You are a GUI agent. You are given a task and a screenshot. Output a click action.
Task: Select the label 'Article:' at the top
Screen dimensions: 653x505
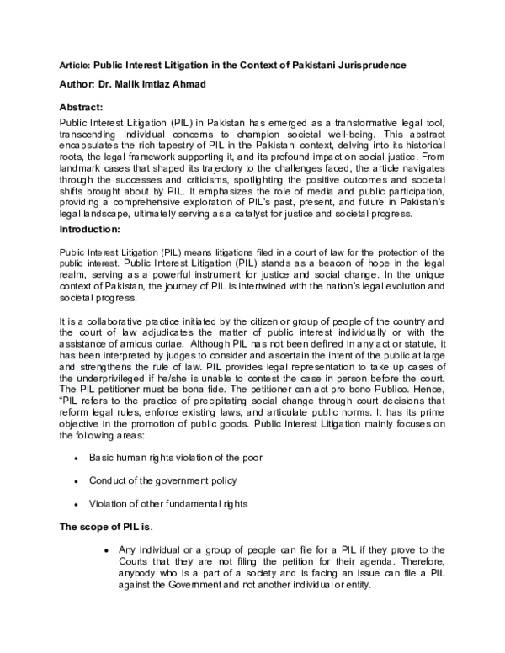point(74,65)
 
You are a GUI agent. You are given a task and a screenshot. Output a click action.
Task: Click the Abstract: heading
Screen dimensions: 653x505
point(86,108)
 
